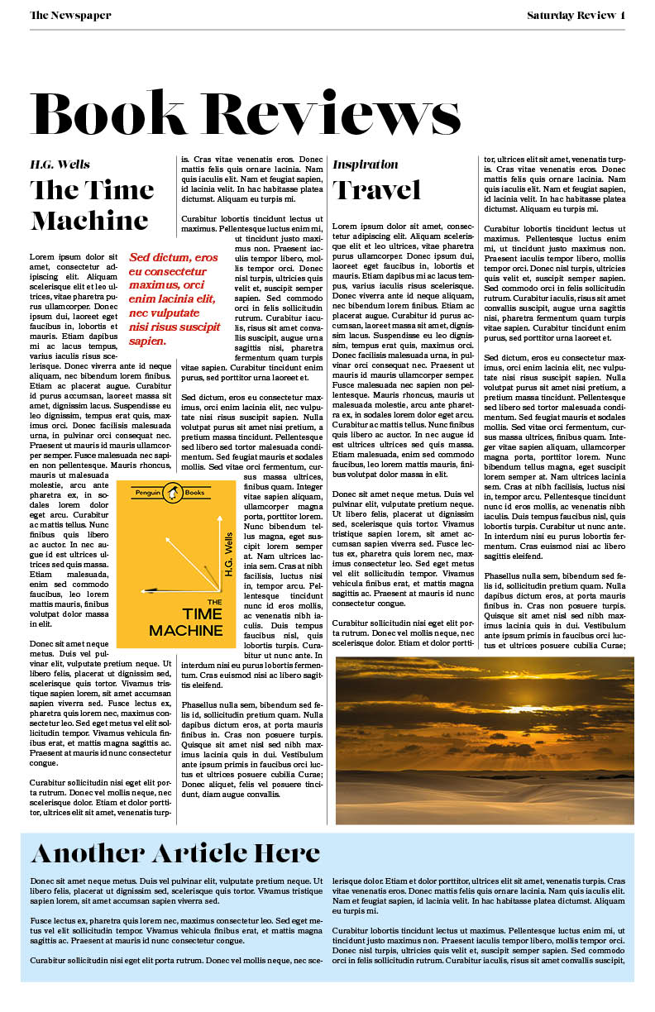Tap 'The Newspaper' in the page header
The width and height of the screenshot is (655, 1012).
[x=70, y=15]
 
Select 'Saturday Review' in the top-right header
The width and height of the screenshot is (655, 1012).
[x=571, y=15]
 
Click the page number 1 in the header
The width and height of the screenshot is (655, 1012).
[x=622, y=15]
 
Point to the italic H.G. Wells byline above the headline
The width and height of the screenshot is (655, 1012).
[x=60, y=164]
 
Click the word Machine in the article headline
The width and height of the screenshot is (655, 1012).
[x=89, y=221]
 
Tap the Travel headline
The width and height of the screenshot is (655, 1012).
[x=376, y=190]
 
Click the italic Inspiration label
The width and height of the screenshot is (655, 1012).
[x=365, y=164]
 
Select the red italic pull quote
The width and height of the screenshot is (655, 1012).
[x=175, y=298]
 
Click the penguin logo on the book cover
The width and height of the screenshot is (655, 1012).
[x=172, y=493]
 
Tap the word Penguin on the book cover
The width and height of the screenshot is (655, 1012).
[x=148, y=493]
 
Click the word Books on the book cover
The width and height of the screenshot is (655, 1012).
[x=195, y=493]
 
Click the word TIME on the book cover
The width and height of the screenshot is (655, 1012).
[x=202, y=613]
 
